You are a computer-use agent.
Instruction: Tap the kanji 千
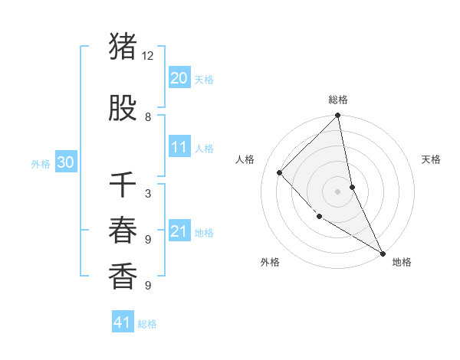click(x=123, y=185)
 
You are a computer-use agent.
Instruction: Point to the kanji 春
click(x=123, y=230)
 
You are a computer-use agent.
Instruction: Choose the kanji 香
click(x=123, y=277)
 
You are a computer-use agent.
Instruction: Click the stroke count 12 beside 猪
click(x=148, y=56)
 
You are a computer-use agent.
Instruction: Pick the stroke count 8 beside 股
click(x=148, y=117)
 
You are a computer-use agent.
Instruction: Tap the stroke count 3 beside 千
click(x=148, y=194)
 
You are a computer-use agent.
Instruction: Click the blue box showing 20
click(x=179, y=78)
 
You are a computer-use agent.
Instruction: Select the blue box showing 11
click(x=179, y=147)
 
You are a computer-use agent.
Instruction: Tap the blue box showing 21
click(x=179, y=231)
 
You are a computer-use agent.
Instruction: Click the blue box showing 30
click(x=65, y=162)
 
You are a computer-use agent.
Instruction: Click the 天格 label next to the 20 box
click(x=204, y=80)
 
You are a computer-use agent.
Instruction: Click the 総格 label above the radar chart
click(x=338, y=100)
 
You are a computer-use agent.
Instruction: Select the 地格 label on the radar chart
click(x=402, y=262)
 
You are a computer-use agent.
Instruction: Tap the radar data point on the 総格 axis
click(x=338, y=116)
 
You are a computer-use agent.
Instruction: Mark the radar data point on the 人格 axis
click(x=280, y=172)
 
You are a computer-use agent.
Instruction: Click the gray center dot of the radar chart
click(x=338, y=191)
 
